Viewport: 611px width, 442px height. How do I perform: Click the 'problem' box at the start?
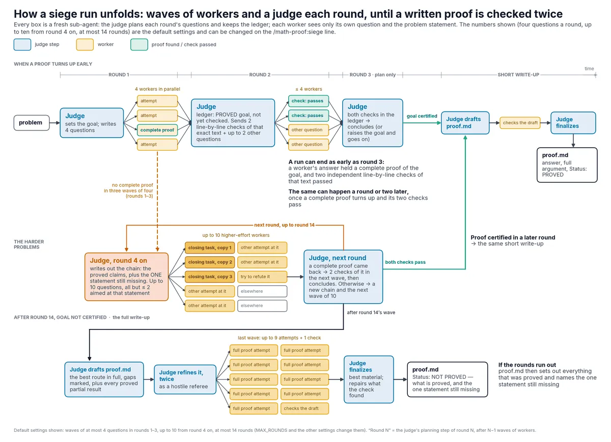[32, 123]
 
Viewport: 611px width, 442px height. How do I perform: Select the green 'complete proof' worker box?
[157, 130]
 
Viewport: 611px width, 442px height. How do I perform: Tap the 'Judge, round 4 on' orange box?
[127, 277]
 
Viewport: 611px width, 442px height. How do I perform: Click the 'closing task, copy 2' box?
[209, 262]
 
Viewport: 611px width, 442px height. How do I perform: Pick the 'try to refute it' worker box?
[262, 277]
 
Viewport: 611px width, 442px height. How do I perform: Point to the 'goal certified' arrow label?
[422, 116]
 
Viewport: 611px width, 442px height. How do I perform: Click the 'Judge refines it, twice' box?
[185, 379]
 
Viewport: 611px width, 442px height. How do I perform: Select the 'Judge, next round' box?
[343, 277]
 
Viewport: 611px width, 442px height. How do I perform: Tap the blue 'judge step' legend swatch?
[22, 45]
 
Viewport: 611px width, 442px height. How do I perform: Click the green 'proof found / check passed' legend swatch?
[139, 45]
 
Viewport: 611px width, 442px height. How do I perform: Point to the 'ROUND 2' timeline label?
[260, 75]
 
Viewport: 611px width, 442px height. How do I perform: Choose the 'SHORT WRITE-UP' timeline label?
[518, 75]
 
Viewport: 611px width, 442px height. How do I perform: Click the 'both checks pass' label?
[405, 262]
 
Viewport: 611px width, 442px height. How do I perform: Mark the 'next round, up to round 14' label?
[284, 225]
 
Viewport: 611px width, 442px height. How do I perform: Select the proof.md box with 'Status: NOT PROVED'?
[448, 379]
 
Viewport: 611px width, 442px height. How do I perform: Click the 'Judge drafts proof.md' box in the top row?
[465, 123]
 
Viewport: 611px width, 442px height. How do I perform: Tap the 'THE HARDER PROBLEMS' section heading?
[29, 244]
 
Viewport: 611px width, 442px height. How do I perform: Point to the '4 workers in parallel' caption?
[157, 89]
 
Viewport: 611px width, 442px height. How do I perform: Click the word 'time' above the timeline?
[589, 69]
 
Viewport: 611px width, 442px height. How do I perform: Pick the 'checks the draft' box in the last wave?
[304, 409]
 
